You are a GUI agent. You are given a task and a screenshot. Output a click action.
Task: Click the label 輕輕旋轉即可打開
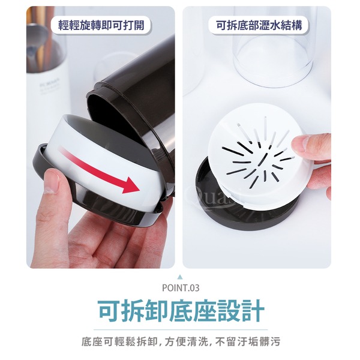pos(101,25)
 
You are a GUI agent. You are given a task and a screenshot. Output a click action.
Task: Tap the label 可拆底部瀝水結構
pos(259,25)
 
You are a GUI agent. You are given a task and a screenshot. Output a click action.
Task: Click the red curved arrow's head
pos(131,185)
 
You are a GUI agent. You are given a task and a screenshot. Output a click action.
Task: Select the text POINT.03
pos(181,288)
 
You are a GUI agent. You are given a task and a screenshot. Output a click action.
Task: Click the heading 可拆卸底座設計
pos(181,311)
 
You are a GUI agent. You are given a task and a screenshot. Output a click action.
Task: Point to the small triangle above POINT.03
pos(181,277)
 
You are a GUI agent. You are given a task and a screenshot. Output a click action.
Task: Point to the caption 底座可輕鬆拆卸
pos(119,341)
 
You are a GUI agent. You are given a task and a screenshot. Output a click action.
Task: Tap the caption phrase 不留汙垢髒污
pos(248,341)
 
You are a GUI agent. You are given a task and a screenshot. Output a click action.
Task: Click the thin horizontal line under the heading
pos(181,329)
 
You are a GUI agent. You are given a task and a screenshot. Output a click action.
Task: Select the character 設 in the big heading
pos(228,311)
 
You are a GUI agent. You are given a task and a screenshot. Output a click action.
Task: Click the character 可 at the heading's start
pos(110,311)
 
